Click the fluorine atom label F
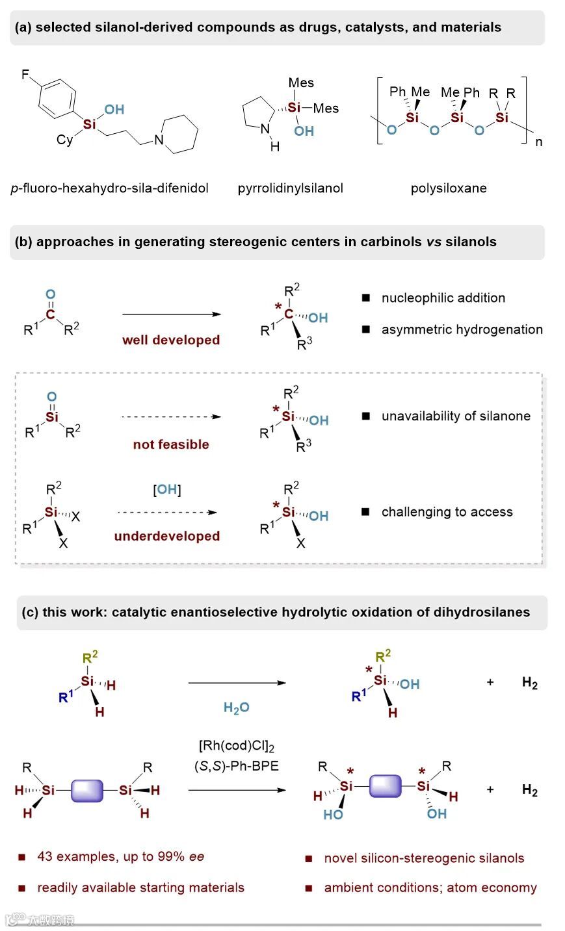click(x=25, y=75)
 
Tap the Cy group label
click(x=64, y=140)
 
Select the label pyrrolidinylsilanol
click(x=290, y=188)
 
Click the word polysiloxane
click(x=449, y=188)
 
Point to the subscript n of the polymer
click(x=538, y=142)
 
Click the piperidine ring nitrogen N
click(x=159, y=139)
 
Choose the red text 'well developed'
click(x=171, y=340)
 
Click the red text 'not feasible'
click(x=171, y=444)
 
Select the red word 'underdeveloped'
click(x=167, y=536)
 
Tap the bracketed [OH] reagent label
click(x=167, y=490)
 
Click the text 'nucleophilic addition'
click(x=443, y=298)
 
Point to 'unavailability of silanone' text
click(x=456, y=416)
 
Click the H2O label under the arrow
click(x=236, y=708)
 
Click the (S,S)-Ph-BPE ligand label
click(x=237, y=766)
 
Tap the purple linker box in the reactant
click(x=87, y=791)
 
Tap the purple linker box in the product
click(x=386, y=787)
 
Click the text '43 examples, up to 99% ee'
click(x=121, y=856)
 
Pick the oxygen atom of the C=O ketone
click(x=51, y=294)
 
